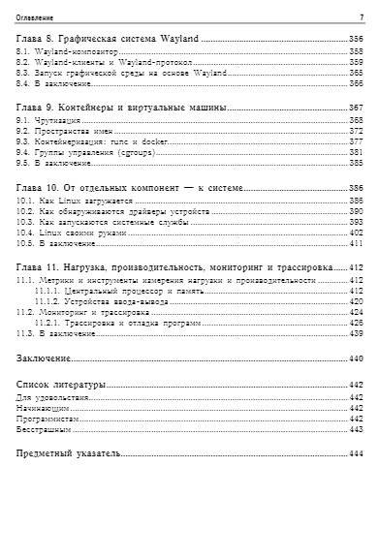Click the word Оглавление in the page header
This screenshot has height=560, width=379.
pyautogui.click(x=36, y=17)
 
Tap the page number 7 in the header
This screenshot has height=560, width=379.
pyautogui.click(x=361, y=17)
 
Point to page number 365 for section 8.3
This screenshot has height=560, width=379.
pyautogui.click(x=356, y=72)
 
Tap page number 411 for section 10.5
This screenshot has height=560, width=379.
pyautogui.click(x=356, y=244)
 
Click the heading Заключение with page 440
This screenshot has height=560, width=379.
pyautogui.click(x=46, y=359)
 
